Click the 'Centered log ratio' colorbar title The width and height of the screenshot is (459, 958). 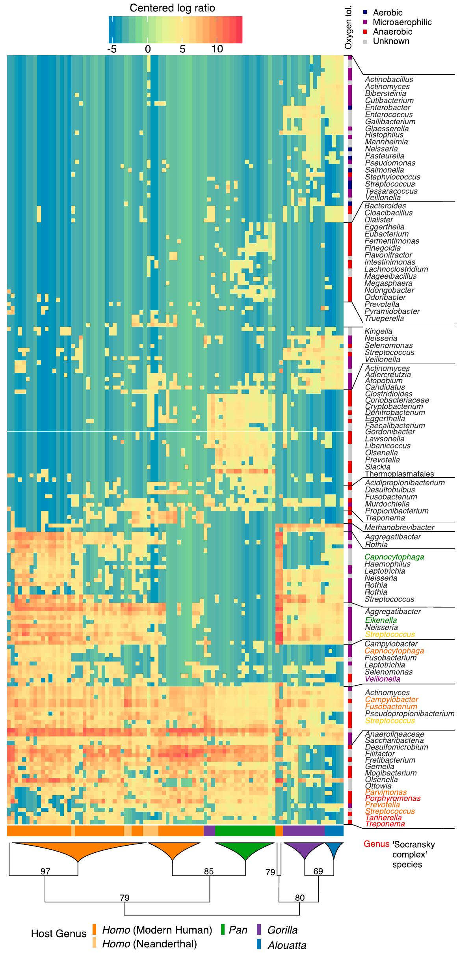(x=173, y=8)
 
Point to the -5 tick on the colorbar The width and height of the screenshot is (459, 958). (x=112, y=49)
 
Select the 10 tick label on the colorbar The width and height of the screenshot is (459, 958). (x=217, y=49)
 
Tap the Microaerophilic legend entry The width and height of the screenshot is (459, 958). (x=402, y=22)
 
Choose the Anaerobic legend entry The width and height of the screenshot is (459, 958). (x=392, y=32)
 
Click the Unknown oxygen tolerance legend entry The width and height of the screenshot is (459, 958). (x=391, y=41)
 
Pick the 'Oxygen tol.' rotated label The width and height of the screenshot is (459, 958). (x=348, y=28)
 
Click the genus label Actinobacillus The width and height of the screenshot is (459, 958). (x=389, y=79)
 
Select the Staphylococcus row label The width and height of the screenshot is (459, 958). (x=392, y=177)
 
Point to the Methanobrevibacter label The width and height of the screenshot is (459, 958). (x=399, y=527)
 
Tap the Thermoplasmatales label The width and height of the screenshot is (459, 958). (x=399, y=474)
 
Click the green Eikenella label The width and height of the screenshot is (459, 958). (x=381, y=620)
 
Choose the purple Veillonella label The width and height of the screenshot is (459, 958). (x=382, y=679)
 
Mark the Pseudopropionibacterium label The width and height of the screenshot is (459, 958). (x=409, y=714)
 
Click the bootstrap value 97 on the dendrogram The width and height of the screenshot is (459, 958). (x=46, y=871)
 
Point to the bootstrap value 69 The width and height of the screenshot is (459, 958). (x=318, y=871)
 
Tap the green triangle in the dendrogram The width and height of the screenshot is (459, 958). (x=245, y=849)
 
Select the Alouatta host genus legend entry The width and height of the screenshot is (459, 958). (x=286, y=945)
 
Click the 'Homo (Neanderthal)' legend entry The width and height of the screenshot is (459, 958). (x=149, y=944)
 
